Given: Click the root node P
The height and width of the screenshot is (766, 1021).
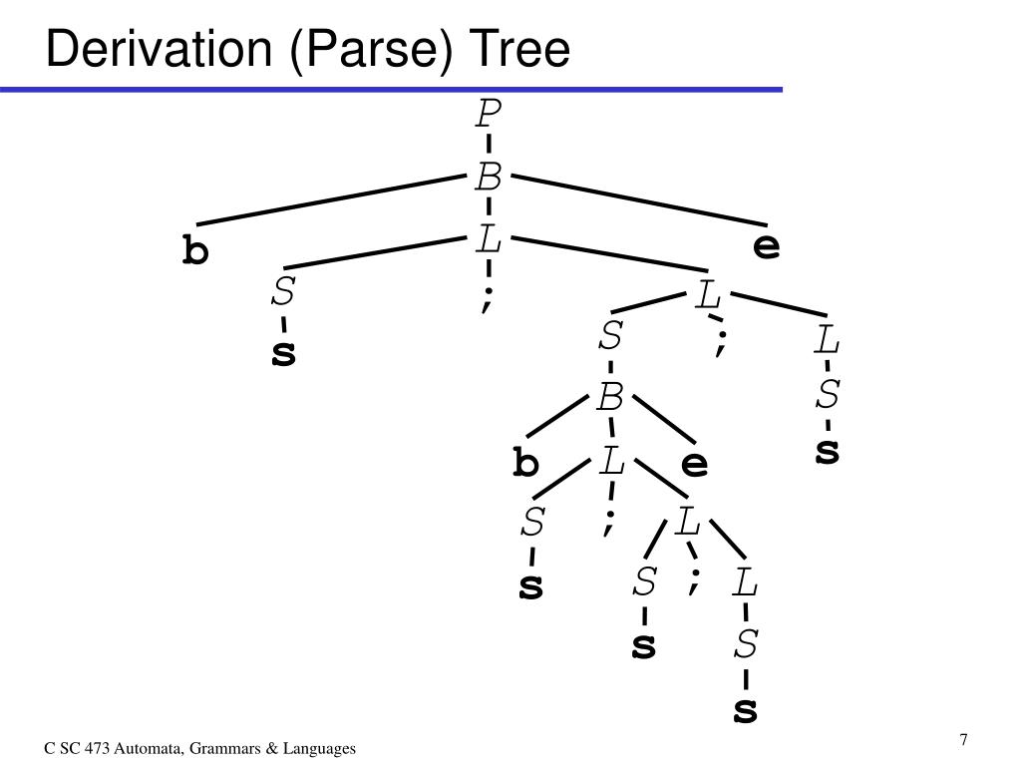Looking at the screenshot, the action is (x=488, y=116).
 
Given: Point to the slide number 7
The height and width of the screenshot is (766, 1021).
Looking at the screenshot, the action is (x=964, y=740).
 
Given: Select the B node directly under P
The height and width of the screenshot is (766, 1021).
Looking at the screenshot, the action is (x=488, y=180).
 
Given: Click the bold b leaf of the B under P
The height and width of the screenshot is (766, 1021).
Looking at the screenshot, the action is (x=195, y=250).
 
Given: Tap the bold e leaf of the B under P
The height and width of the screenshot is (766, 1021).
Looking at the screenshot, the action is (x=766, y=246).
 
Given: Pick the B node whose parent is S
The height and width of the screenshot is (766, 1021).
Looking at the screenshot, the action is (x=610, y=400).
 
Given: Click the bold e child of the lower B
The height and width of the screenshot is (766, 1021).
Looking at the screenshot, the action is (x=694, y=464).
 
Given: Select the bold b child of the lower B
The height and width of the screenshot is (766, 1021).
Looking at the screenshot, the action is (x=525, y=464).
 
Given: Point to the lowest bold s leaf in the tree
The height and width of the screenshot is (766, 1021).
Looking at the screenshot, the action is (x=746, y=710).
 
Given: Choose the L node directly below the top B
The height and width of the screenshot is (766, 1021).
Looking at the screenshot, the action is (x=488, y=240).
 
